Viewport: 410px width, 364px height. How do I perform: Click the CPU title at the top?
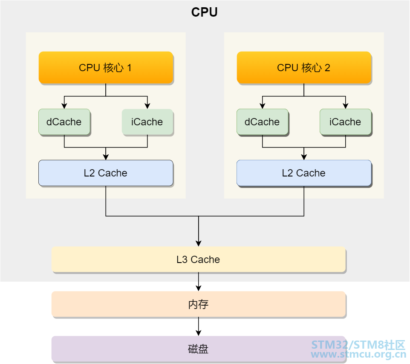pos(204,12)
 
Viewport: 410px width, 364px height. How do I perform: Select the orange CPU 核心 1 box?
pos(106,67)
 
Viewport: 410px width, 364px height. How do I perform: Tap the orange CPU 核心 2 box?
pos(304,67)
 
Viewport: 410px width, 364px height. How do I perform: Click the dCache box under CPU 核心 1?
pos(64,122)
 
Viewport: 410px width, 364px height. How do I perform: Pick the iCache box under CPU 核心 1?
pos(147,122)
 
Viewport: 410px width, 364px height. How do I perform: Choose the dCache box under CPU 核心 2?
pos(262,122)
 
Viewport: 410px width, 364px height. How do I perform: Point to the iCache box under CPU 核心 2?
pos(345,122)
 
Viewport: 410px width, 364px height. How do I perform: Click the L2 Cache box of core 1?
pos(106,173)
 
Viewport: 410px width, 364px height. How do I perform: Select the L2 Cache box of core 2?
pos(304,173)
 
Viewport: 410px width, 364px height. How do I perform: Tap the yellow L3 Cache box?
pos(199,260)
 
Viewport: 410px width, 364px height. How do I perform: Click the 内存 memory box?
pos(199,304)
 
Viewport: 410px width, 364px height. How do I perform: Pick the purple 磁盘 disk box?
pos(199,349)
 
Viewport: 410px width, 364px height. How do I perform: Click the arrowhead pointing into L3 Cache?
pos(199,243)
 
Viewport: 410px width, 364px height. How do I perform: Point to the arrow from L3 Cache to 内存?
pos(199,282)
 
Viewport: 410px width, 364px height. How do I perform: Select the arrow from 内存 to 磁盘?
pos(199,326)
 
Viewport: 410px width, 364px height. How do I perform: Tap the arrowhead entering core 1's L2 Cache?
pos(106,157)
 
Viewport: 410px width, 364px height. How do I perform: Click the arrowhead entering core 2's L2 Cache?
pos(304,157)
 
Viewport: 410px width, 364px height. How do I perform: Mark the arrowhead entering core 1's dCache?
pos(64,106)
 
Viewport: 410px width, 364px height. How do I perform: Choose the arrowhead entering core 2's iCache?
pos(345,106)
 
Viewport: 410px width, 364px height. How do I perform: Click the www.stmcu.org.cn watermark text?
pos(358,355)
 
